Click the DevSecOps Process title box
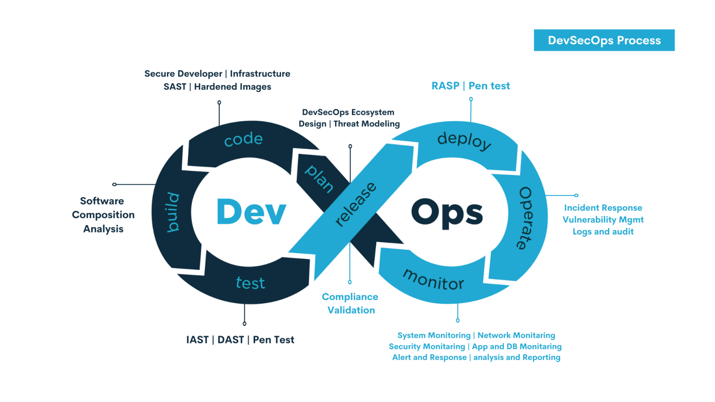(604, 40)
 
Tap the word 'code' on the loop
(243, 139)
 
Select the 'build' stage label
(173, 212)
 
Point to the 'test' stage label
(250, 282)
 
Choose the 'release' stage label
(356, 205)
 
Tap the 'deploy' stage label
(464, 140)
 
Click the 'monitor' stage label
(433, 279)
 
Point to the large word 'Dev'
(251, 212)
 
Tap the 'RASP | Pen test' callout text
(471, 86)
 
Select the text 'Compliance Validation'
(350, 303)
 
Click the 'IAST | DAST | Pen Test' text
(240, 340)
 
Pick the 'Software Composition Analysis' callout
(103, 214)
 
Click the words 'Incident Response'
(603, 208)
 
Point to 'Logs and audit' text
(603, 231)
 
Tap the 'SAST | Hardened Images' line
(217, 87)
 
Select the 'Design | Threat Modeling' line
(349, 124)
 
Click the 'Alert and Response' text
(429, 357)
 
